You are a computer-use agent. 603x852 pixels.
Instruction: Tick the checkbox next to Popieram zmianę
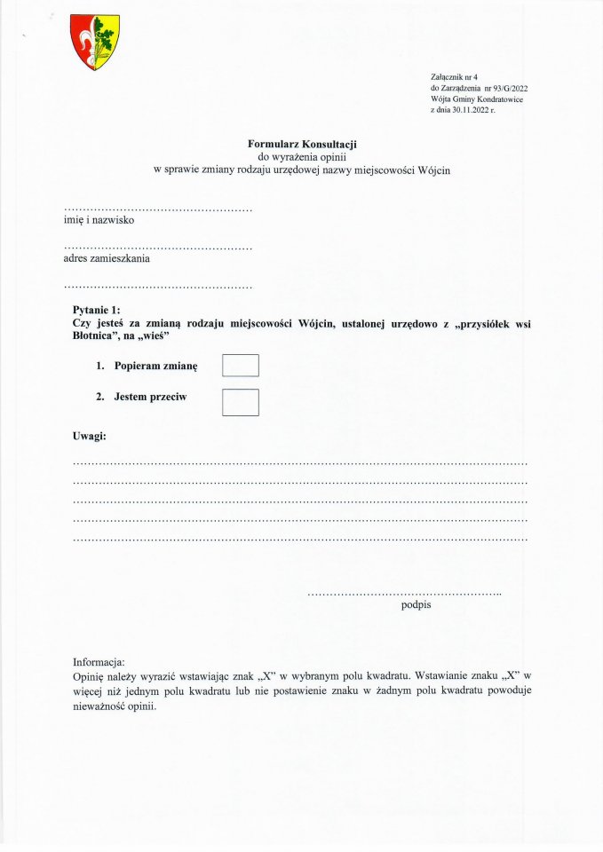[240, 366]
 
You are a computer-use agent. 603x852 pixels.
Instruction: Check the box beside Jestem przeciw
[240, 402]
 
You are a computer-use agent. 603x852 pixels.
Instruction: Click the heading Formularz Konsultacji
[302, 144]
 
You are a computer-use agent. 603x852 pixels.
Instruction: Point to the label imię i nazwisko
[99, 220]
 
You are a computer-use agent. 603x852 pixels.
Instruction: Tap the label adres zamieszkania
[107, 259]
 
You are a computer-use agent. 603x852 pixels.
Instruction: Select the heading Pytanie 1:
[99, 308]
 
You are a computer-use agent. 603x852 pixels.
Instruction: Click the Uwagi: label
[90, 436]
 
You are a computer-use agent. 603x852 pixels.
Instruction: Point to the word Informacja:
[99, 662]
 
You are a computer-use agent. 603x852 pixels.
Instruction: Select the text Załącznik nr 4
[454, 78]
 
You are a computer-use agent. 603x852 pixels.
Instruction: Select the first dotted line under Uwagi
[299, 463]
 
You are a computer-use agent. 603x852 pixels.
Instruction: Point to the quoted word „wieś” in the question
[151, 336]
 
